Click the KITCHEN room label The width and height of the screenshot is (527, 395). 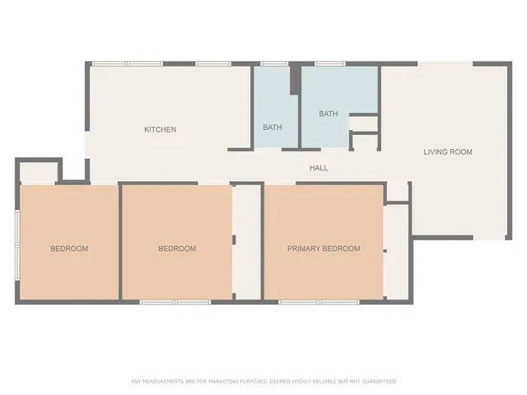pos(161,129)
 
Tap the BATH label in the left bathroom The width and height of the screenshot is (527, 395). pos(273,128)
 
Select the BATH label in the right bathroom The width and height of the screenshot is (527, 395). pos(329,114)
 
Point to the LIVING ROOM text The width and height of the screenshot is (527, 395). pos(448,151)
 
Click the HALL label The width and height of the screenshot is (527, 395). pos(319,168)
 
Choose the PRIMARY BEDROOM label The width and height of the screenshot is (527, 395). pos(324,249)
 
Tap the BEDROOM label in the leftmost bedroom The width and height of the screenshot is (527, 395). pos(69,249)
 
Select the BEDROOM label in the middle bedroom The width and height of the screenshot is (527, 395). pos(177,249)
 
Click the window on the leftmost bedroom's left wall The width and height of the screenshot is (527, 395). pos(17,243)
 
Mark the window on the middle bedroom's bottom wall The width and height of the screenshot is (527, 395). pos(175,302)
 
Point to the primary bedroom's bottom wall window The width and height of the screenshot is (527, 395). pos(319,302)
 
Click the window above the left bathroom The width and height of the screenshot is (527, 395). pos(273,63)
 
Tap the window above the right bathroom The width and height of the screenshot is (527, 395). pos(329,63)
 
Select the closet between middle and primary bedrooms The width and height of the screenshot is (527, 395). pos(247,243)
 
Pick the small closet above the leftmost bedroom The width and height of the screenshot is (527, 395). pos(37,174)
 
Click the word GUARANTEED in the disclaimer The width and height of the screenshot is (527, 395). pos(378,382)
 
